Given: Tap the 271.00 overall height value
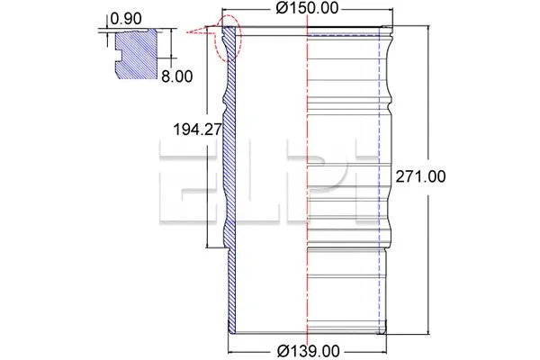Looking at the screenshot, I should click(420, 176).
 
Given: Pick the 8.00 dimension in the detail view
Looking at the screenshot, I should click(176, 76).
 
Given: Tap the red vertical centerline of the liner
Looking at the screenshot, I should click(307, 180).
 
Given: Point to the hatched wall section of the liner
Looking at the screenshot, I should click(228, 180).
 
